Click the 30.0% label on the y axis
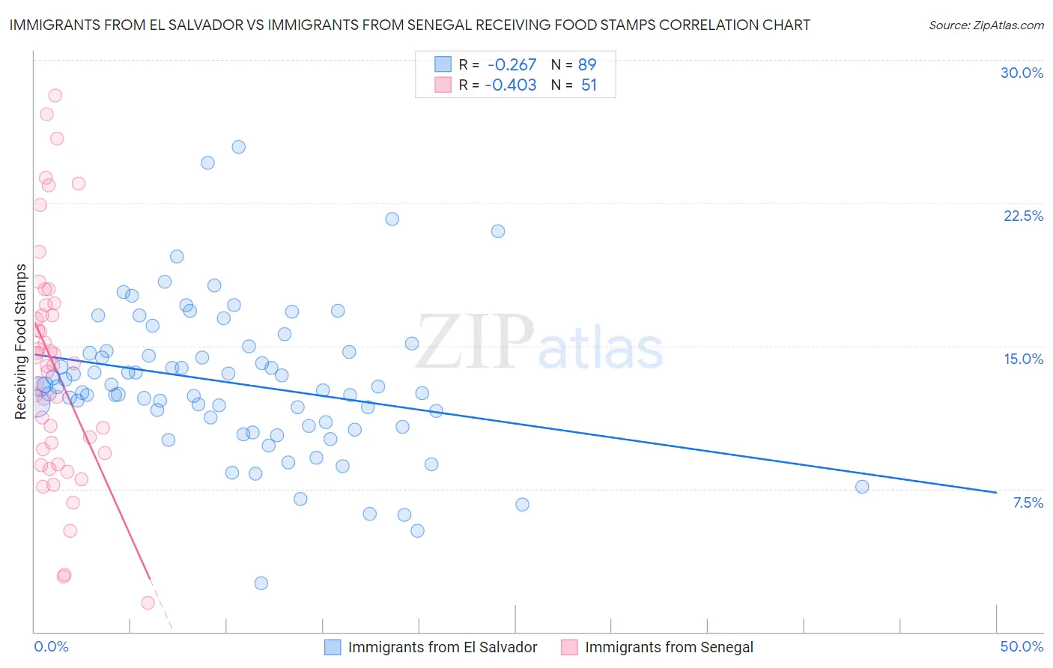point(1022,73)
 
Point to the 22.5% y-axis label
point(1023,216)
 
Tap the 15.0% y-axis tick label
point(1023,359)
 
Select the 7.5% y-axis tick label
point(1028,502)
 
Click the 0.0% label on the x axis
point(51,646)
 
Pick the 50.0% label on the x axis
point(1022,646)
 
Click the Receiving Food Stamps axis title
point(21,341)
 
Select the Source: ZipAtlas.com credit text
point(986,25)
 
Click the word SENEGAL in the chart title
point(441,25)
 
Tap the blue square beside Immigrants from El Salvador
point(333,647)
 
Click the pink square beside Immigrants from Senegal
point(569,647)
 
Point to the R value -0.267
point(512,64)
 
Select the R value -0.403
point(511,85)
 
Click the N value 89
point(587,64)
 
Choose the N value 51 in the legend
point(589,85)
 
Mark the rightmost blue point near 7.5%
point(862,487)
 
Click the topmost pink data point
point(55,95)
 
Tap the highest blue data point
point(238,147)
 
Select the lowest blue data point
point(261,583)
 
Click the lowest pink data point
point(148,603)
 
